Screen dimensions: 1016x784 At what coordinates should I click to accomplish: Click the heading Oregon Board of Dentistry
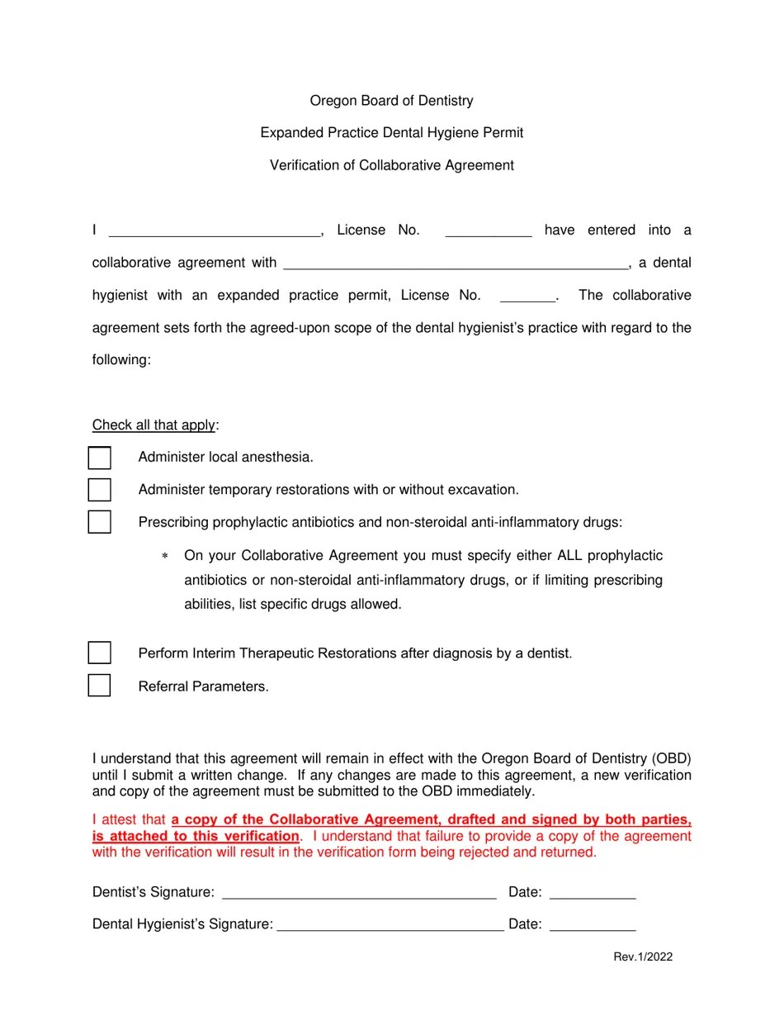(x=391, y=101)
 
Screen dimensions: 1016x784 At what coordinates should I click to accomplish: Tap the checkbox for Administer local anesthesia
(x=99, y=458)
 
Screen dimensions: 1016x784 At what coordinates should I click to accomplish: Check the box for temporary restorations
(x=99, y=490)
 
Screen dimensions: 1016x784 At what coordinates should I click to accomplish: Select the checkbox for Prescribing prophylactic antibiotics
(x=99, y=522)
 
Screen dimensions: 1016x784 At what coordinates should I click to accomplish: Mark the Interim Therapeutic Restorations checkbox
(x=99, y=653)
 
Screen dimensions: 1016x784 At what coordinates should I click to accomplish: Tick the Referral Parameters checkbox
(x=99, y=686)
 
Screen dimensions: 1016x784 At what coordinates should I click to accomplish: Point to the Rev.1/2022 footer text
(x=643, y=957)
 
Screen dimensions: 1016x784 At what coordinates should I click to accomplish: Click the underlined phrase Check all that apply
(x=153, y=425)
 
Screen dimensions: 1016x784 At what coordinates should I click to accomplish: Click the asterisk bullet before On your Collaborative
(x=165, y=557)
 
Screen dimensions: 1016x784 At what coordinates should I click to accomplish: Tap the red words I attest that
(x=129, y=820)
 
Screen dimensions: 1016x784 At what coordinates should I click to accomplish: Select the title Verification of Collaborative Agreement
(x=391, y=165)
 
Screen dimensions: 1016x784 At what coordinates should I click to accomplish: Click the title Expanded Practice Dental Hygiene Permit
(x=391, y=133)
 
